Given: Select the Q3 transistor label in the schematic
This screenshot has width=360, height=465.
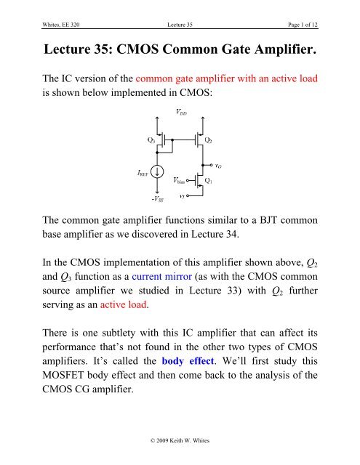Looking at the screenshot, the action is point(148,140).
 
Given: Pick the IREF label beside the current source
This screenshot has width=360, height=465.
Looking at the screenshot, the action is point(143,174).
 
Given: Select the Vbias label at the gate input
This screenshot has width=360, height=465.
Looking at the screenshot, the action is point(181,179).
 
